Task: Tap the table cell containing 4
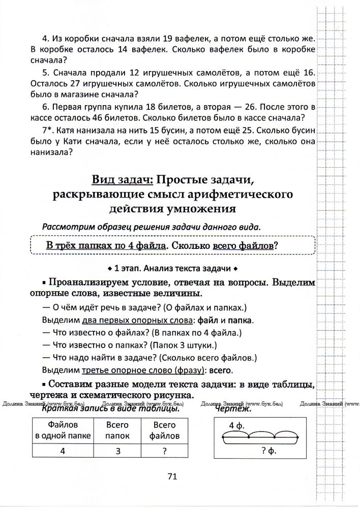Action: [63, 450]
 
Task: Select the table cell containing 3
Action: [117, 450]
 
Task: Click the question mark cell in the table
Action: [164, 450]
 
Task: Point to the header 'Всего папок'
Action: [117, 430]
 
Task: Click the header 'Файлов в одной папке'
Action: [63, 430]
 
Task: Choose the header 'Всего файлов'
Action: [164, 430]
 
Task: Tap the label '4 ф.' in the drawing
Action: [237, 425]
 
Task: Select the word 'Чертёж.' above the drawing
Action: [233, 408]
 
